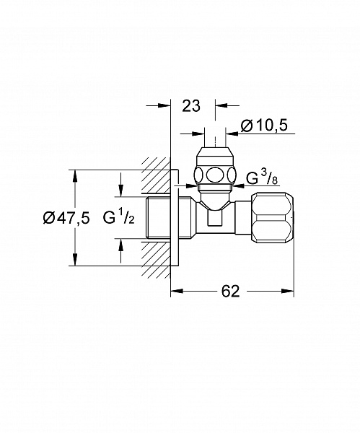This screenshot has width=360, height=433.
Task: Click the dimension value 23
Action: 191,106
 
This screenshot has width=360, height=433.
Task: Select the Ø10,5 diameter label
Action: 264,126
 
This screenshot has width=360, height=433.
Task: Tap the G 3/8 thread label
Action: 262,178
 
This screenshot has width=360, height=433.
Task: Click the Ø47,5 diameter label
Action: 66,219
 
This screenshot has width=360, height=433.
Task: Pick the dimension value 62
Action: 231,291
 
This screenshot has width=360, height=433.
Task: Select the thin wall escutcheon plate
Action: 175,218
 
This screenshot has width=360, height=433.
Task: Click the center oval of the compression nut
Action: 215,175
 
